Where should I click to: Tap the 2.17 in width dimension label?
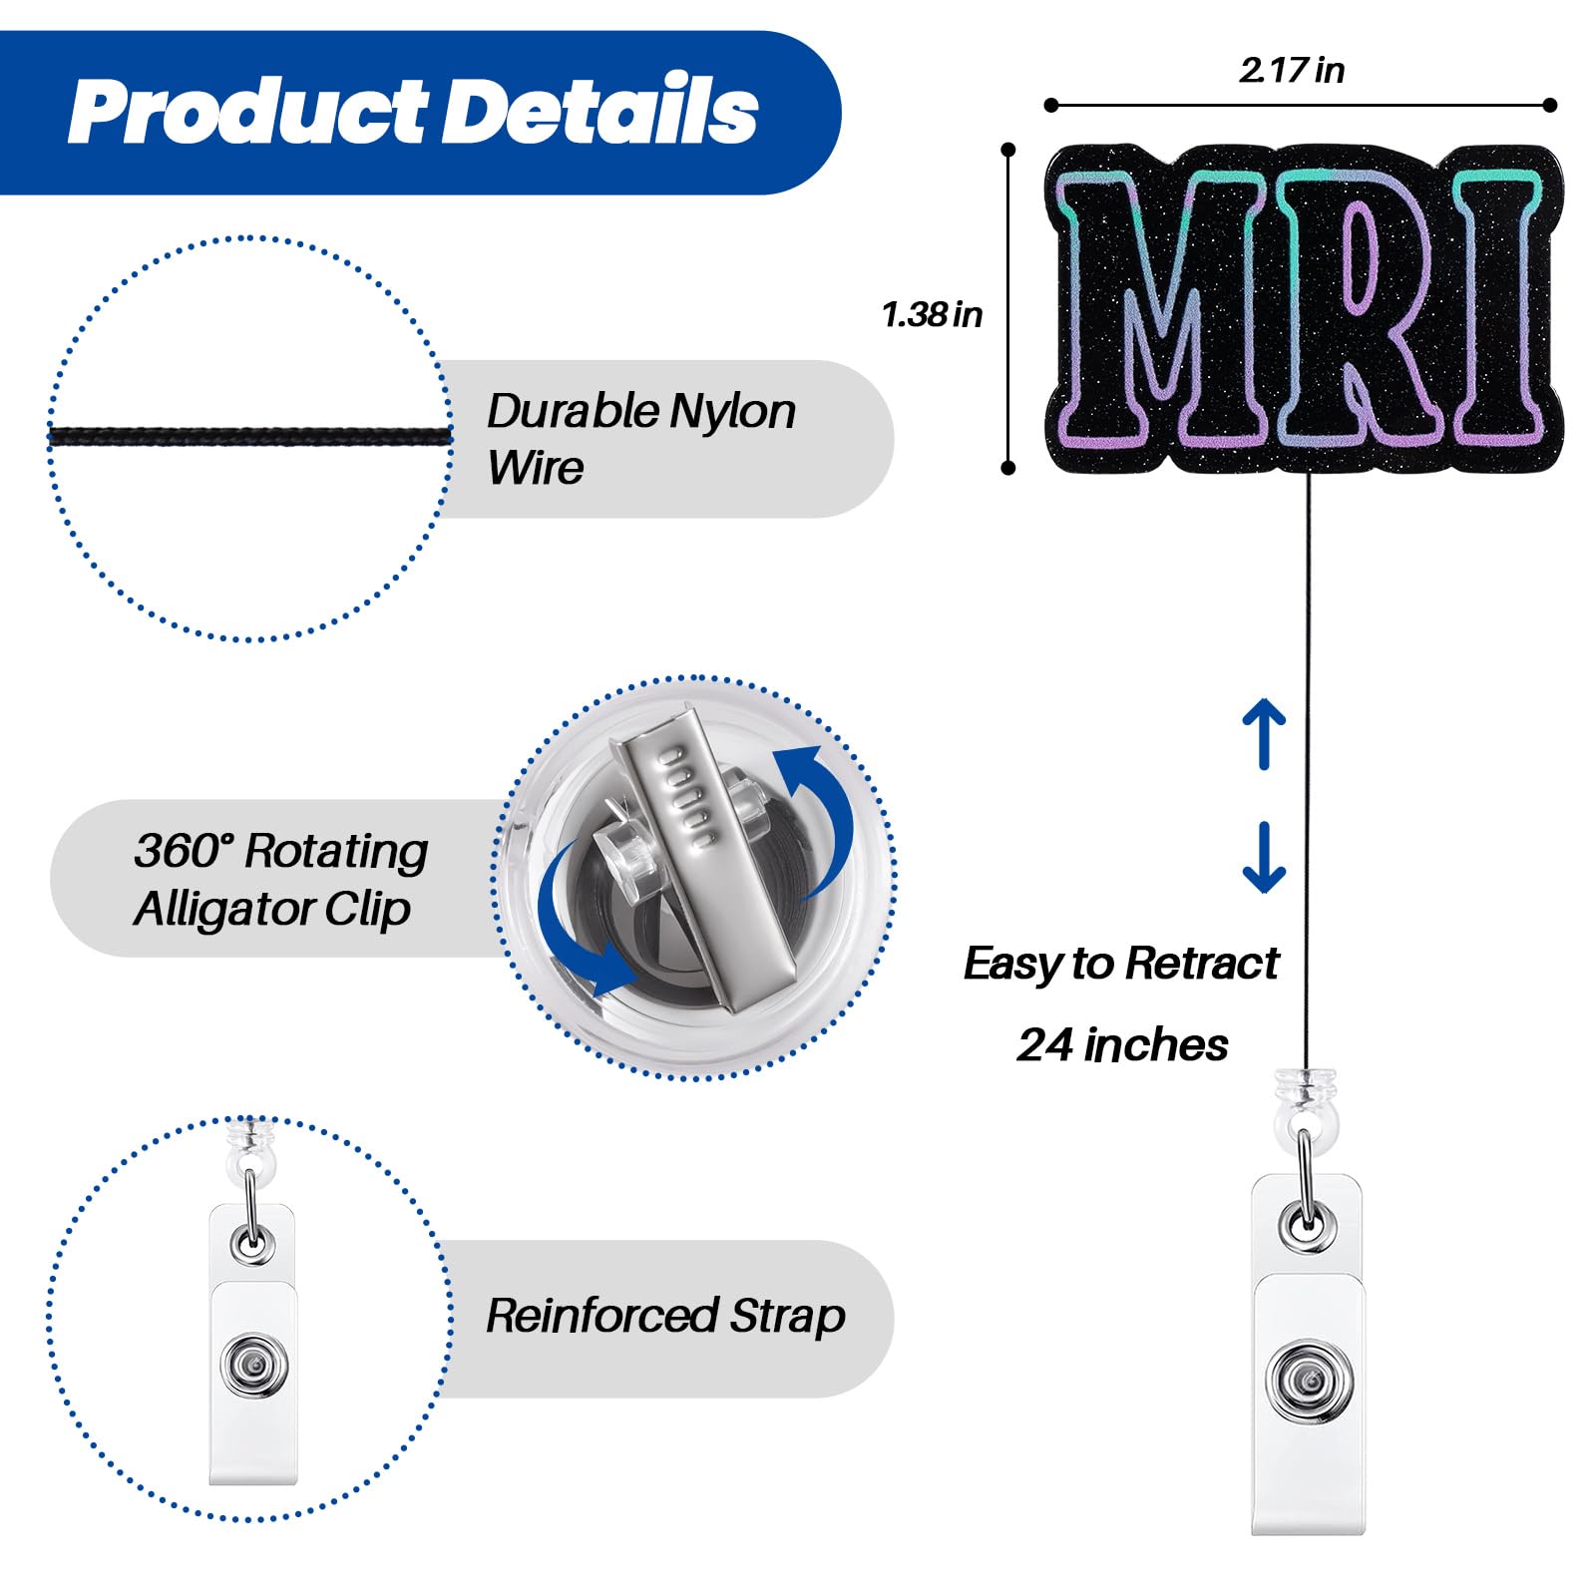1292,70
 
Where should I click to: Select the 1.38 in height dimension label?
932,314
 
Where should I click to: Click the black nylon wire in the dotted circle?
250,436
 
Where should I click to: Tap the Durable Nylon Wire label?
641,439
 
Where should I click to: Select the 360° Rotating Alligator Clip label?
281,879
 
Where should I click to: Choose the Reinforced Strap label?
665,1316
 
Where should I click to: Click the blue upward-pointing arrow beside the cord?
1264,733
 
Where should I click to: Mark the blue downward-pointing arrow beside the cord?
1264,857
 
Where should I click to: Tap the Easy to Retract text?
1121,964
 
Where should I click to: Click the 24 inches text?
1122,1045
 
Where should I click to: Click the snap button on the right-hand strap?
1309,1381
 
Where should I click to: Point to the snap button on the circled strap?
253,1364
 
